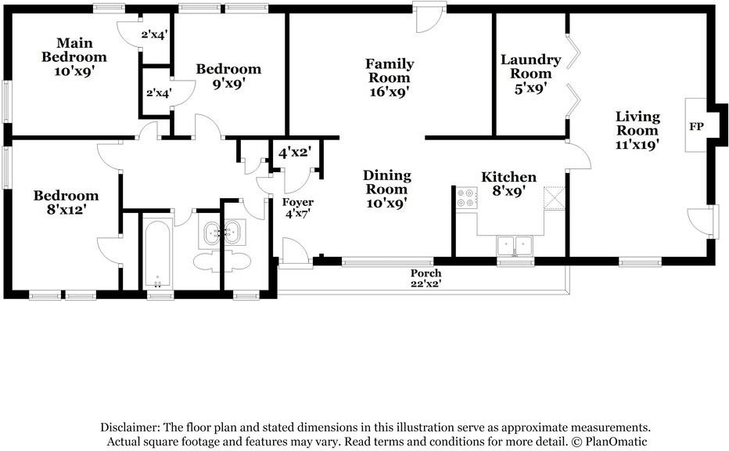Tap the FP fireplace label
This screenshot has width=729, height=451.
[x=696, y=126]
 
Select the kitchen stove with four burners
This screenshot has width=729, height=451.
[x=466, y=197]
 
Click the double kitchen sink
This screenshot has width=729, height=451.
[x=514, y=245]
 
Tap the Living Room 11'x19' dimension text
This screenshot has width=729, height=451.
[x=637, y=145]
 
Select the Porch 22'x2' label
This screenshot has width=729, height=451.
[x=426, y=278]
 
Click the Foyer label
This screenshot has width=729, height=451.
[x=298, y=203]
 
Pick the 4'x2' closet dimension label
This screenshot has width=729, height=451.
[x=295, y=152]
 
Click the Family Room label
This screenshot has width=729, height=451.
[x=390, y=70]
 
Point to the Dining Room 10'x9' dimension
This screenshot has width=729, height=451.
[x=387, y=203]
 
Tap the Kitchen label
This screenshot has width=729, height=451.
[x=508, y=177]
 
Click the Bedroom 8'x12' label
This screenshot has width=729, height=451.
[x=66, y=203]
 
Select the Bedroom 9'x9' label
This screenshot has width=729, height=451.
[x=228, y=76]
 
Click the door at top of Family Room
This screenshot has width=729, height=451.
[x=428, y=20]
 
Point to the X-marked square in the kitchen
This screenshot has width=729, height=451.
[x=555, y=198]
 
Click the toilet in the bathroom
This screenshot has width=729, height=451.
[x=221, y=261]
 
